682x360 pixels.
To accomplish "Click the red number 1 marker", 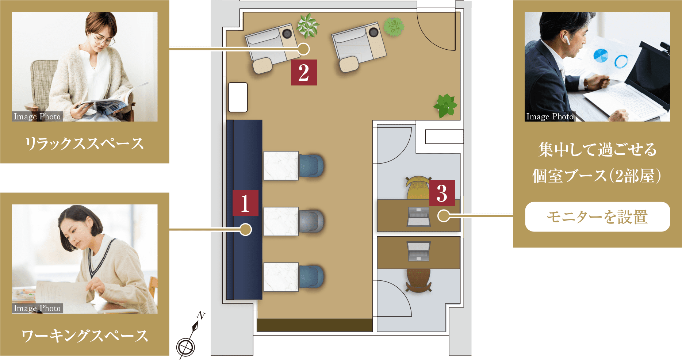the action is pos(245,203).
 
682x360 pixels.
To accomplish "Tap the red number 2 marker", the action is pos(304,73).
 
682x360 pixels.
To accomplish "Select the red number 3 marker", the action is pos(442,193).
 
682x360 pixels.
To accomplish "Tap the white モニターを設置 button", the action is pos(597,217).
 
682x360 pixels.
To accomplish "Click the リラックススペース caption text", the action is pos(84,143).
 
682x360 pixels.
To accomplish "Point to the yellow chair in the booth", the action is pos(418,187).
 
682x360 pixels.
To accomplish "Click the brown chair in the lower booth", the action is pos(418,280).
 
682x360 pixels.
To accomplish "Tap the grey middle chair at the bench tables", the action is pos(311,221).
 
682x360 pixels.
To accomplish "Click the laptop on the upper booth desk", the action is pos(418,217).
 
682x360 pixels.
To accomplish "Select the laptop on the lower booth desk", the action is pos(418,251).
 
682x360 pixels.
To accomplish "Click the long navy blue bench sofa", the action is pos(244,210).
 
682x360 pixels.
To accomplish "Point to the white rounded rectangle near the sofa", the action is pos(238,97).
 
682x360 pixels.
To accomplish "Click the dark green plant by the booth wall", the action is pos(445,106).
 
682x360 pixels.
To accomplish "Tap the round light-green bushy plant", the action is pos(394,27).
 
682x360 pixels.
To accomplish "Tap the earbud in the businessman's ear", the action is pos(565,37).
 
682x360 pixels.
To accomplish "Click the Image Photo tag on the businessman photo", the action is pos(550,116).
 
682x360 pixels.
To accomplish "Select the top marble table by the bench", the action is pos(281,166).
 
